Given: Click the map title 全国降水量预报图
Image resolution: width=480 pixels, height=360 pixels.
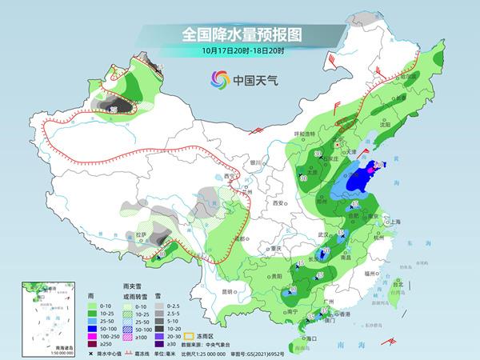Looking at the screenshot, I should tap(239, 34).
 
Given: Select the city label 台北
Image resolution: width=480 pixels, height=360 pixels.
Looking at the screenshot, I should tap(398, 283).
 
